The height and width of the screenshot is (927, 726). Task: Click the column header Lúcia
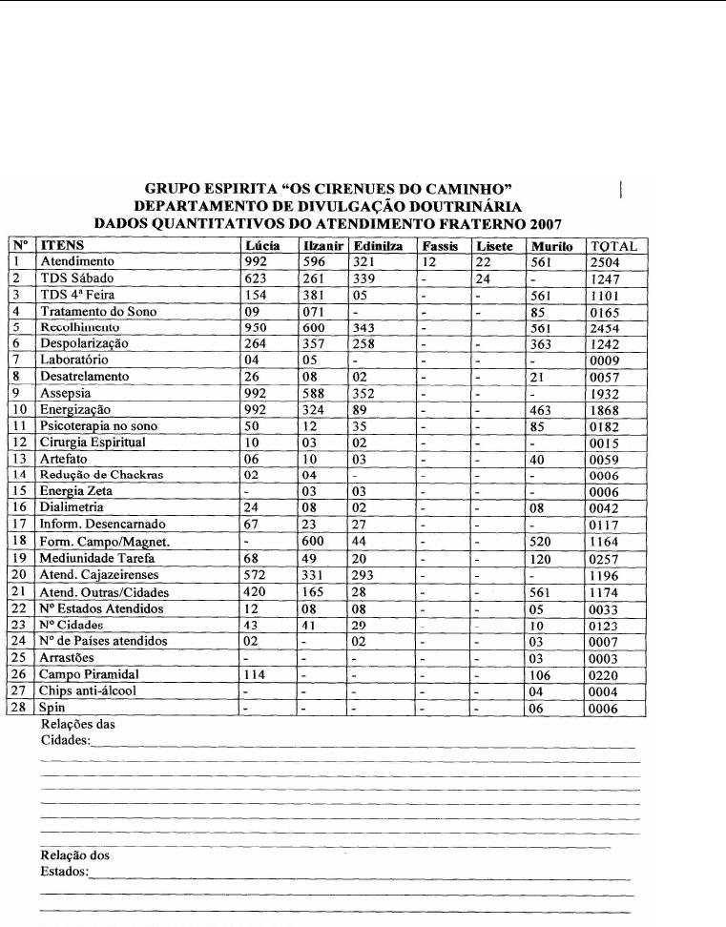pyautogui.click(x=262, y=245)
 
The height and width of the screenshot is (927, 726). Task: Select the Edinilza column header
pyautogui.click(x=376, y=245)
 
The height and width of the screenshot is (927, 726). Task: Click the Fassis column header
pyautogui.click(x=442, y=245)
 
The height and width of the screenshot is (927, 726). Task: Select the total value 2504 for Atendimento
pyautogui.click(x=606, y=260)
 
